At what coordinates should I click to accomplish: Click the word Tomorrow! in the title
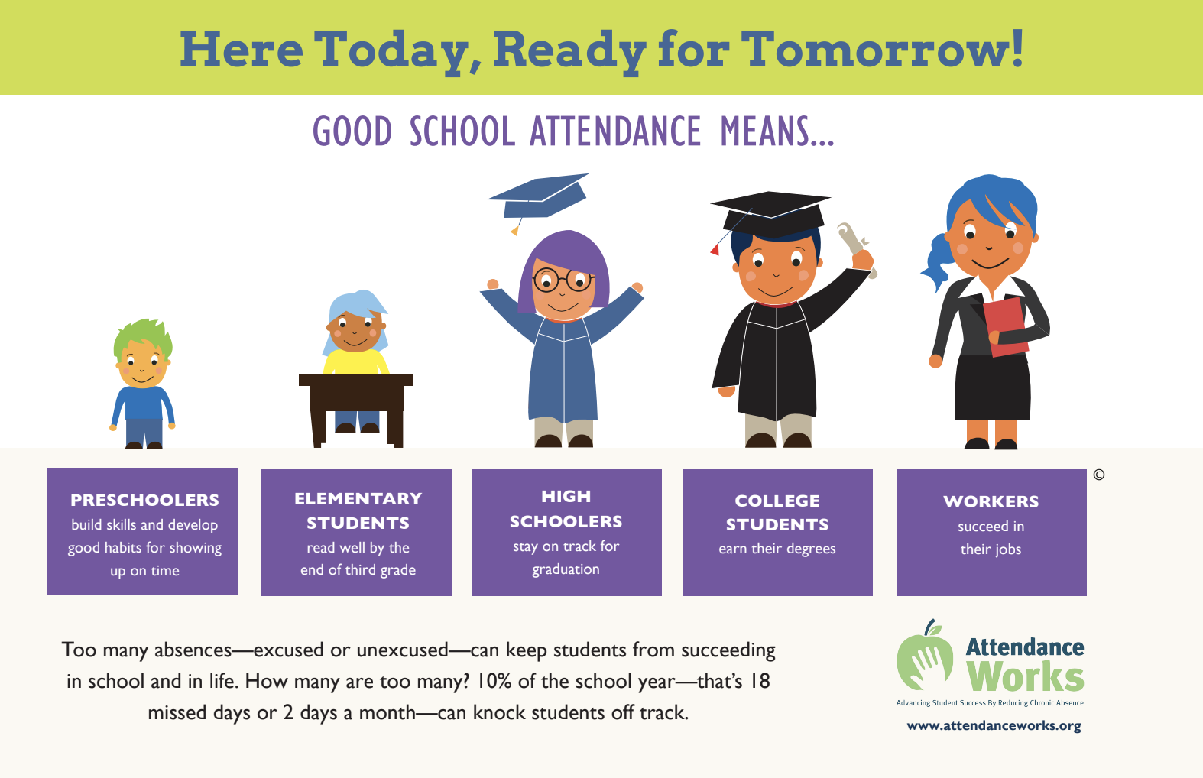[882, 50]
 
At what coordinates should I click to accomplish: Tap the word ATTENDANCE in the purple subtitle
[615, 131]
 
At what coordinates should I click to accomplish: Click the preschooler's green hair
[143, 336]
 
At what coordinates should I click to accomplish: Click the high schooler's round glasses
[563, 280]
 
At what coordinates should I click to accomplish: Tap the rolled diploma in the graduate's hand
[856, 247]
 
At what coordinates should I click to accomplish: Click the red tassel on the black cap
[715, 250]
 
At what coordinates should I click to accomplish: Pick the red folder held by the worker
[1005, 326]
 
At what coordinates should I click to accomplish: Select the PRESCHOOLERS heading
[144, 501]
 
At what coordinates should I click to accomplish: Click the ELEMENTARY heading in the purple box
[358, 499]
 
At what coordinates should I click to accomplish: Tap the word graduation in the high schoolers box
[566, 569]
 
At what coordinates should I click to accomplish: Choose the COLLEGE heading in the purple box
[777, 501]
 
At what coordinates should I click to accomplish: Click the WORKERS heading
[991, 501]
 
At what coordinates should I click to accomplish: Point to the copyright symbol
[1099, 475]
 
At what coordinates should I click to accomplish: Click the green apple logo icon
[925, 656]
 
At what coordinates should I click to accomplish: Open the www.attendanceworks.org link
[994, 726]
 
